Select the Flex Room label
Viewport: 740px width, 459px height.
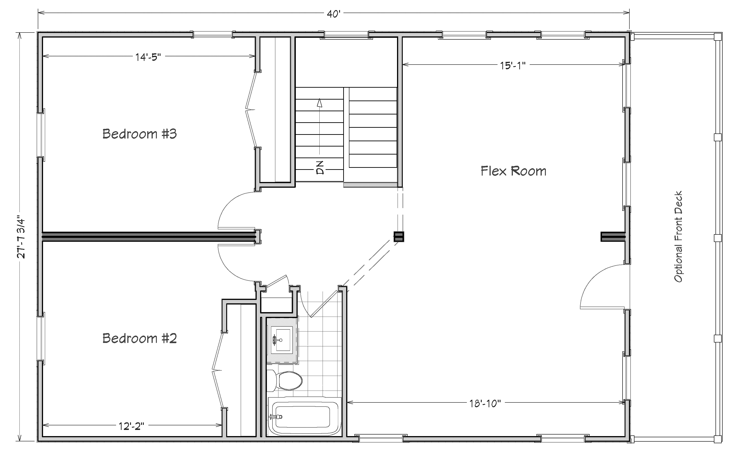tap(513, 171)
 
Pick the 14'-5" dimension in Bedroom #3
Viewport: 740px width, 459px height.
tap(148, 57)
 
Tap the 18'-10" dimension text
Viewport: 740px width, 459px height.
tap(485, 403)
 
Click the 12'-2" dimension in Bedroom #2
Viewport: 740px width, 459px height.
tap(131, 426)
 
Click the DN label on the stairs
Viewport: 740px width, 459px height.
tap(320, 168)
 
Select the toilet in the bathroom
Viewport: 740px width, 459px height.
tap(285, 380)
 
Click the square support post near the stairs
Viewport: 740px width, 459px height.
tap(399, 236)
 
